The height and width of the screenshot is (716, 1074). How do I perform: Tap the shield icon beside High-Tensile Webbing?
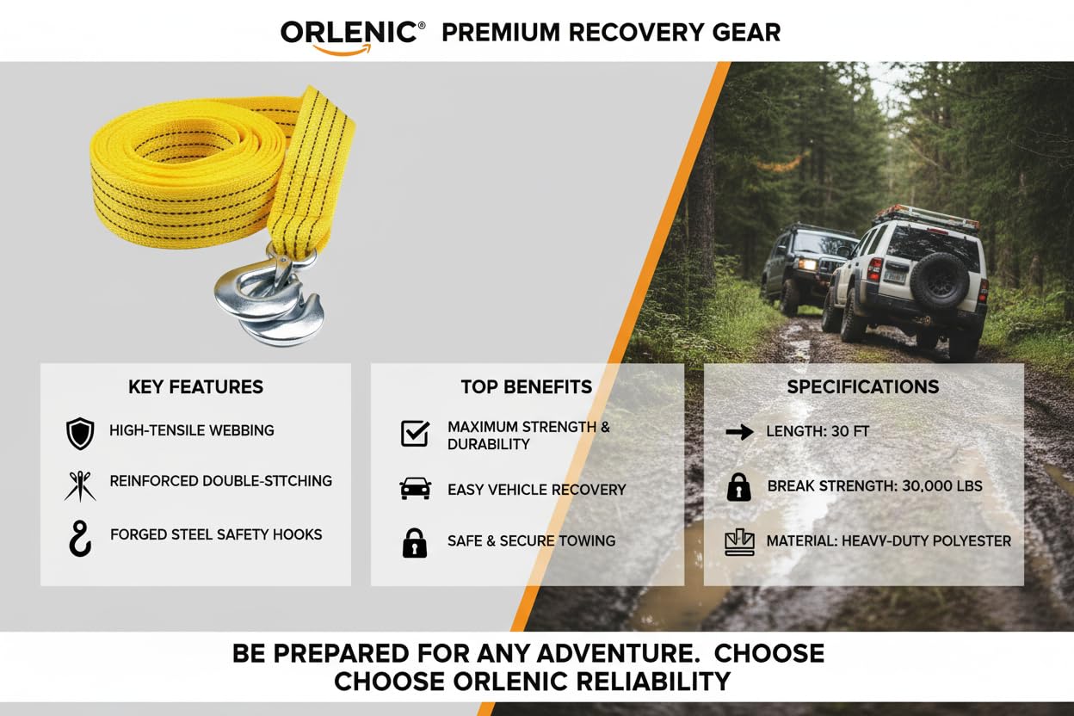pos(80,434)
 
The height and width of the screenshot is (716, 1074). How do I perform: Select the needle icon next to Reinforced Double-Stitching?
pos(80,486)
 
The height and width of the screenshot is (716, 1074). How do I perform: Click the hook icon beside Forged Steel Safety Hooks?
pos(79,538)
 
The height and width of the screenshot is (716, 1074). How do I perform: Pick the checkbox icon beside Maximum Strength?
pos(415,434)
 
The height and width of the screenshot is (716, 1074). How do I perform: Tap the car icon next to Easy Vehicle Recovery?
pos(415,489)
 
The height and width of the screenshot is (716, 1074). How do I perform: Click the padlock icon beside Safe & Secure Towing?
pos(415,543)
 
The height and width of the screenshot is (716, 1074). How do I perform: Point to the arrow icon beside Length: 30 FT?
pos(739,432)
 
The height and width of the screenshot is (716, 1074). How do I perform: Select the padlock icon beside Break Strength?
pos(739,487)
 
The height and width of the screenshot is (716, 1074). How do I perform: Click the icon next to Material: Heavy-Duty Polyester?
pos(739,542)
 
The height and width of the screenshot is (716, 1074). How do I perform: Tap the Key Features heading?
pos(195,387)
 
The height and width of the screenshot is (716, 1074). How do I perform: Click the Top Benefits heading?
pos(527,387)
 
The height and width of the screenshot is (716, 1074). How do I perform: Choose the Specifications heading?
pos(863,387)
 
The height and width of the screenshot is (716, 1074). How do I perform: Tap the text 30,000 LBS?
pos(942,486)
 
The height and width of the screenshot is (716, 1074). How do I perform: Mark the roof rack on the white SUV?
pos(924,217)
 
